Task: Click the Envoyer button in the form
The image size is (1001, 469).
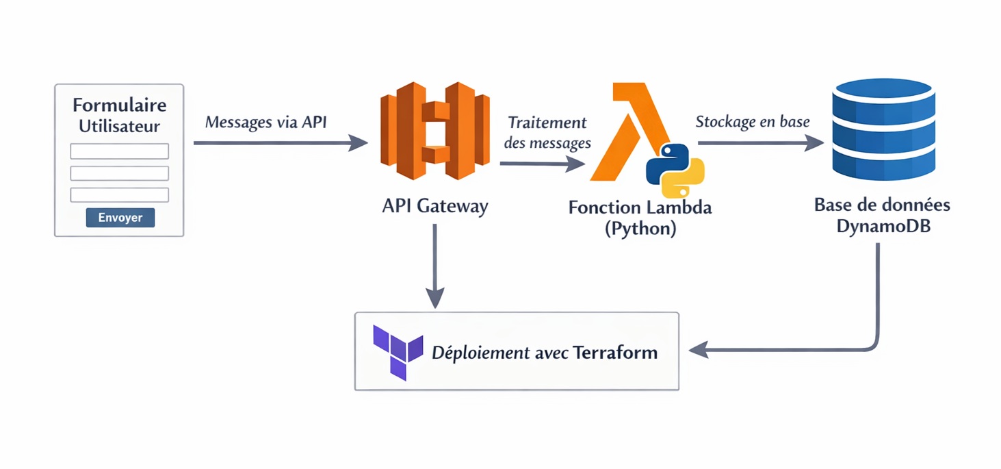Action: [120, 218]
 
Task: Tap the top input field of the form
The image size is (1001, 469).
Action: [120, 151]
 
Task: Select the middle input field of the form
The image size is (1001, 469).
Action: [120, 173]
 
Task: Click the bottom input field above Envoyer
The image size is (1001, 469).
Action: [120, 195]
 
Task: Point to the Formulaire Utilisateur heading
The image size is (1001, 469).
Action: [120, 116]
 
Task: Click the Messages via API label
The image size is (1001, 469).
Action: [265, 123]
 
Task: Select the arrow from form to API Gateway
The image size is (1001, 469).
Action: [281, 143]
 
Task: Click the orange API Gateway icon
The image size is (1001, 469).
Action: [434, 131]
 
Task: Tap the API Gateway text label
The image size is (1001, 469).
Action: [434, 206]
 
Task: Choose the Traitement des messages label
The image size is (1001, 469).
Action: [547, 133]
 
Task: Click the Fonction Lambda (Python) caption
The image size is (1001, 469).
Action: [640, 217]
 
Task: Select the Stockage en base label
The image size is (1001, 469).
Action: [752, 123]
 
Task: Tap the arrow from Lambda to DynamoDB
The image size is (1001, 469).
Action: [759, 143]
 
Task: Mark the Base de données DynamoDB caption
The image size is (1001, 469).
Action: [882, 215]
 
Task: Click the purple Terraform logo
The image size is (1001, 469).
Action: [398, 352]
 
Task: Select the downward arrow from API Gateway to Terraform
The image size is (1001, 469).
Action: [434, 267]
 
